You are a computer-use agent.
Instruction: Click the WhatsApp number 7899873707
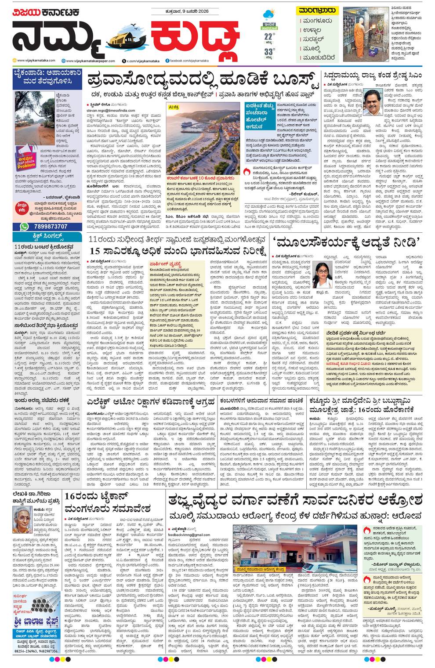coord(49,226)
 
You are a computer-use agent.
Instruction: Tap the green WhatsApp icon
coord(25,226)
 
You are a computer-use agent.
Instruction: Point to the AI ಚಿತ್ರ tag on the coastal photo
coord(175,106)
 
